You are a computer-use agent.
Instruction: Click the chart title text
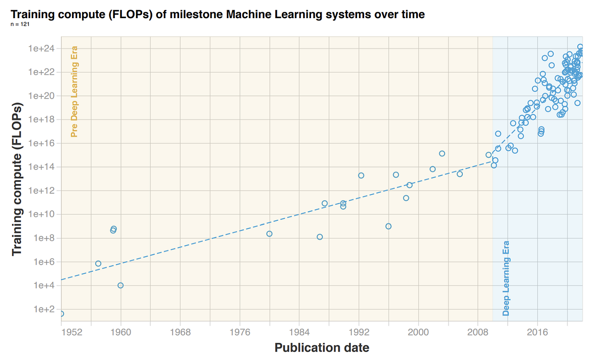click(217, 15)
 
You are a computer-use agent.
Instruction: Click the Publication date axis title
click(322, 348)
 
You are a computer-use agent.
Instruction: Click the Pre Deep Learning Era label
click(74, 92)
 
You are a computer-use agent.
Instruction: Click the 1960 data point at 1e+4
click(120, 285)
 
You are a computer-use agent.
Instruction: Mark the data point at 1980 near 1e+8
click(269, 234)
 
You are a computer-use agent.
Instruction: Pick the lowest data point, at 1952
click(61, 314)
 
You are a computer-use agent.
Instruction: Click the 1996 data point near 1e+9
click(388, 226)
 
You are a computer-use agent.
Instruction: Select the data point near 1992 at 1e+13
click(361, 175)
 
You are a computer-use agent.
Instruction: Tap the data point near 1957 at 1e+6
click(98, 264)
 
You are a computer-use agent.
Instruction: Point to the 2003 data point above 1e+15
click(442, 153)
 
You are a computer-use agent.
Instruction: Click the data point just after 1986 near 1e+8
click(320, 237)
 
